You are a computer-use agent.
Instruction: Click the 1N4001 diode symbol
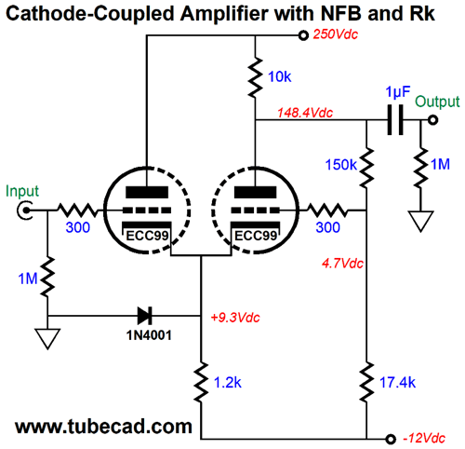click(145, 316)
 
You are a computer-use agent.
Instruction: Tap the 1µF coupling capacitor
click(395, 120)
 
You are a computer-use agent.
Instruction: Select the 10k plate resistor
click(255, 76)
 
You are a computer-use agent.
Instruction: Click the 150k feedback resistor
click(366, 168)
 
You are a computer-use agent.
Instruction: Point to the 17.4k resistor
click(366, 382)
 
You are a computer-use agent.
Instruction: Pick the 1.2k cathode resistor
click(201, 382)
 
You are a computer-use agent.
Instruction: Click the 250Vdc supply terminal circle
click(303, 35)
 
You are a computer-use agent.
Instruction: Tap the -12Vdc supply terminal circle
click(391, 439)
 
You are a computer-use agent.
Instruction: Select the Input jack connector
click(25, 211)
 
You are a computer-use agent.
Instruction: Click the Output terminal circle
click(432, 120)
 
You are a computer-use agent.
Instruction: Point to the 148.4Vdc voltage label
click(305, 113)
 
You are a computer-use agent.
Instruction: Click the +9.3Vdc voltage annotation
click(235, 318)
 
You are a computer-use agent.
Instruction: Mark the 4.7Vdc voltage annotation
click(342, 264)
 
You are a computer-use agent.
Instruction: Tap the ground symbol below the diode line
click(47, 339)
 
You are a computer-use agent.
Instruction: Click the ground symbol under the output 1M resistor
click(420, 222)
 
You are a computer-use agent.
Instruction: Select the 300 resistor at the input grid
click(77, 211)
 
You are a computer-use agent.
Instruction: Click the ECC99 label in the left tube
click(147, 236)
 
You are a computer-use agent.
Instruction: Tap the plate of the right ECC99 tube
click(255, 192)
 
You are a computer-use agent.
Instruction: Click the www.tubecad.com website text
click(103, 427)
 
